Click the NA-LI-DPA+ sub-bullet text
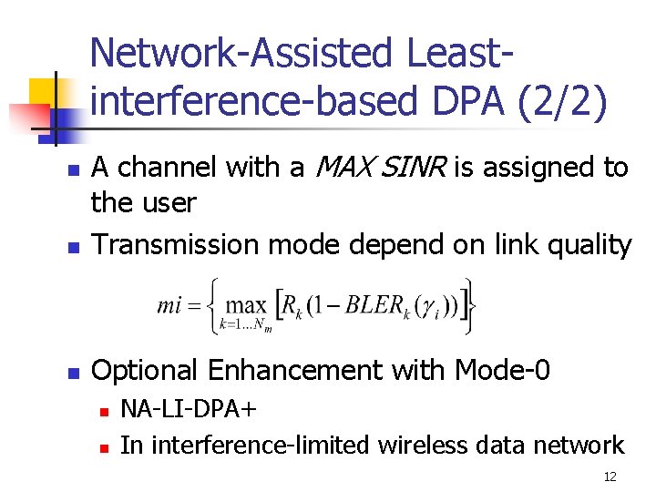pos(189,409)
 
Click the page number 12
pos(610,477)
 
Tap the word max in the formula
pos(247,305)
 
